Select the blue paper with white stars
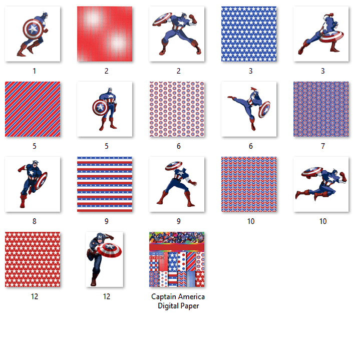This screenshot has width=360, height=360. tap(249, 34)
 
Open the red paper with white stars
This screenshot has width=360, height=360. tap(33, 259)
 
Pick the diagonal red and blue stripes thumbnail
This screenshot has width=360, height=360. tap(33, 109)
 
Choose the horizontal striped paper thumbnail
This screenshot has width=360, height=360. tap(105, 184)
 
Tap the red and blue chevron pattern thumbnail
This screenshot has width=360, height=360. tap(249, 184)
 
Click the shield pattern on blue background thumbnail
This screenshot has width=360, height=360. tap(321, 109)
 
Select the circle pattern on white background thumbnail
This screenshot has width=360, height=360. tap(177, 109)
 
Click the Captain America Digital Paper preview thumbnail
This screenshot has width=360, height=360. tap(177, 259)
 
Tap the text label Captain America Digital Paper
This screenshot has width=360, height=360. tap(178, 301)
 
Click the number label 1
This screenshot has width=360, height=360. tap(34, 71)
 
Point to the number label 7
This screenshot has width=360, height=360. tap(322, 146)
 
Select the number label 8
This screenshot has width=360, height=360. tap(34, 221)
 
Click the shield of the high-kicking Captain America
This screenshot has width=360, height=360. tap(264, 109)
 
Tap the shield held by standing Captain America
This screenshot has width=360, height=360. tap(99, 107)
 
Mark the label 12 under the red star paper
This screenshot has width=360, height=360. tap(34, 296)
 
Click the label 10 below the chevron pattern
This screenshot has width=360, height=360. tap(250, 221)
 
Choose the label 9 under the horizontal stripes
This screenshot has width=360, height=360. tap(106, 221)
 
